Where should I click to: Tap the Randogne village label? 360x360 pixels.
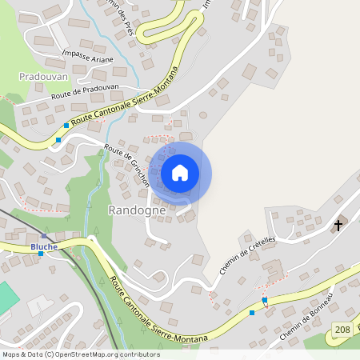point(136,210)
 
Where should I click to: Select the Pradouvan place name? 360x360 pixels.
point(42,76)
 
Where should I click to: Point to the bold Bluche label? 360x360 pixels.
point(44,246)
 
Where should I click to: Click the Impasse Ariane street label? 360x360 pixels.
point(87,59)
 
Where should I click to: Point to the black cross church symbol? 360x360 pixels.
point(338,226)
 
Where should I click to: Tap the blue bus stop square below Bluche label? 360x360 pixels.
point(41,254)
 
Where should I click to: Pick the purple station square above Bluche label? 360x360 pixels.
point(45,237)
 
